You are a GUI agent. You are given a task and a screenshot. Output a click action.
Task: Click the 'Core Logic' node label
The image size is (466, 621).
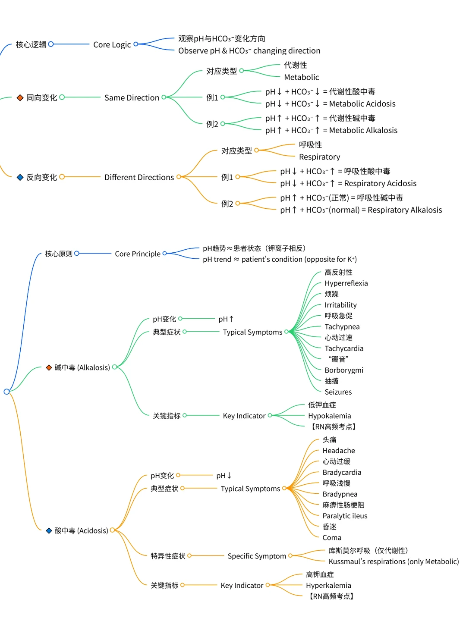(x=112, y=44)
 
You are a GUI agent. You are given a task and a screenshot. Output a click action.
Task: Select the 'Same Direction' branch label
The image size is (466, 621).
(x=132, y=98)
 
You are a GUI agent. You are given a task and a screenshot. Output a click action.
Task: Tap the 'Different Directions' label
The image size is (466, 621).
(x=139, y=177)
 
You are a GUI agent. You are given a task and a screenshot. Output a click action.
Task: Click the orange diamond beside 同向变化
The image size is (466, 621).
(x=20, y=98)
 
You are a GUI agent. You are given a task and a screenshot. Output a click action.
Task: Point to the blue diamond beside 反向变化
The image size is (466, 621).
(x=20, y=177)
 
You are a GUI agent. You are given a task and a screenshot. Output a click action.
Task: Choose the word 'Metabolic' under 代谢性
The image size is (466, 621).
(x=301, y=77)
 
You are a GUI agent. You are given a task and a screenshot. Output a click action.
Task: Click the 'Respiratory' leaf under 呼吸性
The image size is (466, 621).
(x=319, y=157)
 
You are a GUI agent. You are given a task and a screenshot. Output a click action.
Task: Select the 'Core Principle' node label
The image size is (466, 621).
(x=137, y=254)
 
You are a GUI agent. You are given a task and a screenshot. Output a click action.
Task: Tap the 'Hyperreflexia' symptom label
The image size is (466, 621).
(x=346, y=283)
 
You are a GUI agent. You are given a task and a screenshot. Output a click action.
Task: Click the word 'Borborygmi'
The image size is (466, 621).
(x=344, y=370)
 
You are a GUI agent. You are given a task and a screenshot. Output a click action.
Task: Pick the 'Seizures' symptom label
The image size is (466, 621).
(x=338, y=392)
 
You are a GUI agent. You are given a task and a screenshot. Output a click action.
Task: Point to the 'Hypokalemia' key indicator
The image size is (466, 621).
(x=329, y=416)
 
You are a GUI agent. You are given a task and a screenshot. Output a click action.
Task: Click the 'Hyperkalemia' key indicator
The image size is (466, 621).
(x=328, y=586)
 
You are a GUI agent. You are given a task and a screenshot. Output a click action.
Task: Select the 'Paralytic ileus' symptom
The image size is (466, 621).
(x=345, y=516)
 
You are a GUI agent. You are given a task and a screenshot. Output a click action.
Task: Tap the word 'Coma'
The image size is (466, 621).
(x=332, y=538)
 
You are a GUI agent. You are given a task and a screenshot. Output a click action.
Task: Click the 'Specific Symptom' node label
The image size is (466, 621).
(x=257, y=556)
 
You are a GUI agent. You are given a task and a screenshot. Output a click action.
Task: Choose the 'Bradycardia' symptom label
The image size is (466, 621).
(x=342, y=473)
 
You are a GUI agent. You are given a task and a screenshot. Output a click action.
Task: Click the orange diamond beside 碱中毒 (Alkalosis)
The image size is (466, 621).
(x=49, y=368)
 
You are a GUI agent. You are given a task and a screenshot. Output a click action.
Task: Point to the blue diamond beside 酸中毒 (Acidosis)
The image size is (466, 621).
(x=49, y=531)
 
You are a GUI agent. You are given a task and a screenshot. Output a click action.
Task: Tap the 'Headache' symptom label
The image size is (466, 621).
(x=339, y=451)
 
